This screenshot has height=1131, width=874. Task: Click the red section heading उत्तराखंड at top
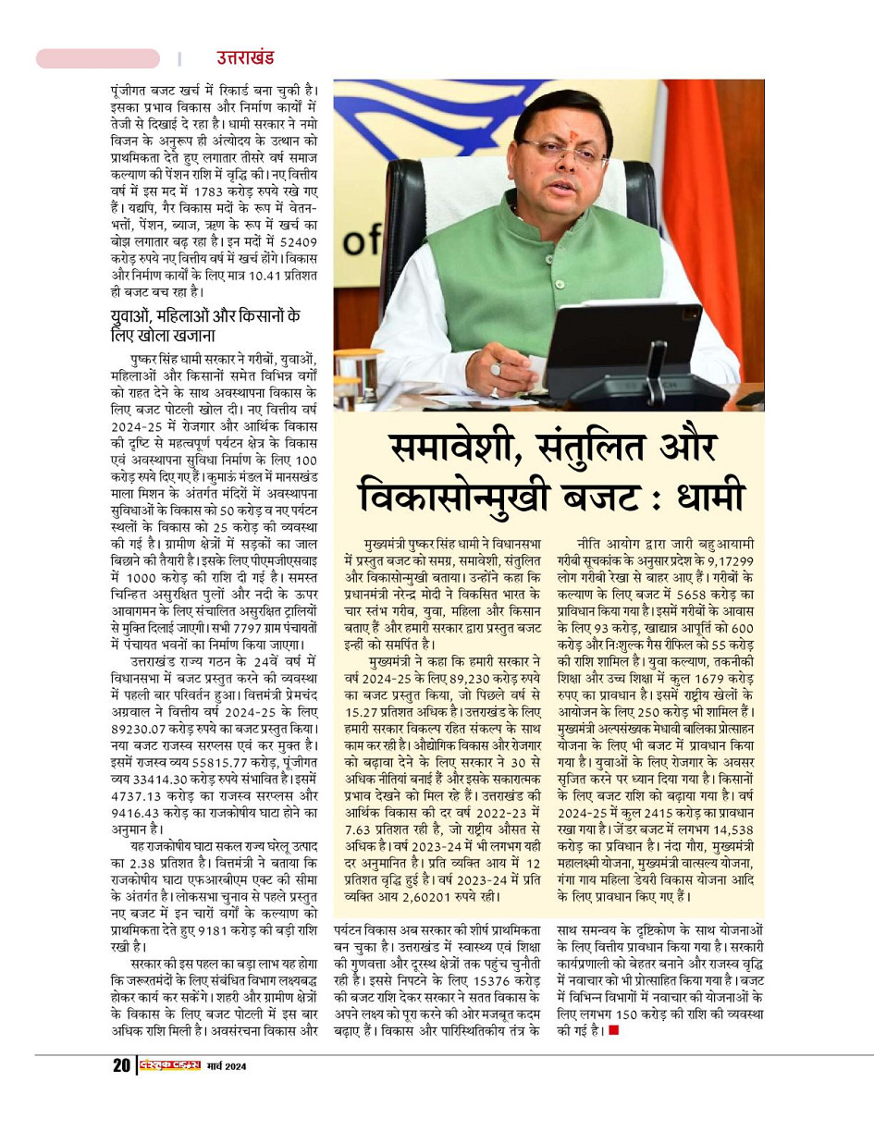[x=245, y=58]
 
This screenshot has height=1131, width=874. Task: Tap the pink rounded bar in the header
[x=97, y=58]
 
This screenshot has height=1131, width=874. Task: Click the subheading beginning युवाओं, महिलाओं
[x=204, y=326]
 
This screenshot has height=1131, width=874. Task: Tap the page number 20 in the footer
[x=121, y=1065]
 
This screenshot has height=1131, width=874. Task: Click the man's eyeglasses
[x=560, y=151]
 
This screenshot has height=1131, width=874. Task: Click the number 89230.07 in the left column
[x=140, y=726]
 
